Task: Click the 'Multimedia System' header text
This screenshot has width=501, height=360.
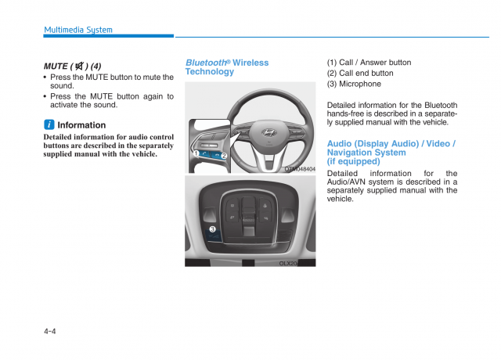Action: [78, 30]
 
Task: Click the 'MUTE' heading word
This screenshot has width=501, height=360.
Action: [56, 67]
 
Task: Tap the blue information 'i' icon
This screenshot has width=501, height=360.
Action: [49, 125]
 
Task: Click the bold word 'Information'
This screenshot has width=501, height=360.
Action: [81, 125]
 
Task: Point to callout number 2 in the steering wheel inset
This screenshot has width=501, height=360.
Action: [224, 156]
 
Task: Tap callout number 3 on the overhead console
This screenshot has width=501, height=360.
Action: [212, 229]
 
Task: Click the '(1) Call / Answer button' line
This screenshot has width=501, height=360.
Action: [369, 63]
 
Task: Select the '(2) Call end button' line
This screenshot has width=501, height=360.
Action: [360, 74]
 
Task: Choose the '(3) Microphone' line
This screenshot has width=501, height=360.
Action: [354, 85]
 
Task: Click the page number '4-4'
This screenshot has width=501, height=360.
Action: [50, 331]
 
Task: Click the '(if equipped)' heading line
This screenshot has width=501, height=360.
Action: [353, 161]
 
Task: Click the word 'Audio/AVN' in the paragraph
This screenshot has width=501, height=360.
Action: [347, 182]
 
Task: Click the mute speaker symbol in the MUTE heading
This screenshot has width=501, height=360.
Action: [81, 67]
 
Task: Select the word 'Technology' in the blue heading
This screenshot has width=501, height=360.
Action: [209, 72]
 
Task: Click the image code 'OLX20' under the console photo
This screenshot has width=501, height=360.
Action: [288, 264]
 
